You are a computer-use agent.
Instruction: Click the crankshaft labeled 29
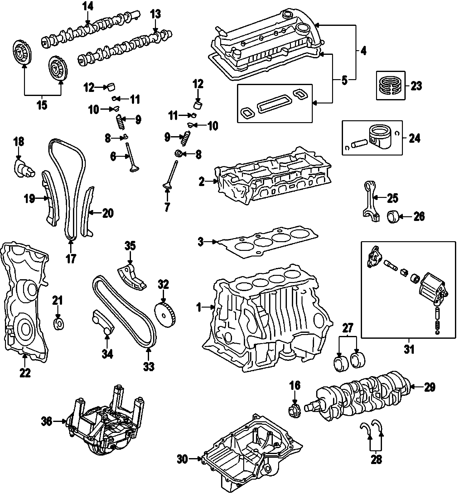click(362, 396)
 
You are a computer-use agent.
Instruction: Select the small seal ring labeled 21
click(59, 324)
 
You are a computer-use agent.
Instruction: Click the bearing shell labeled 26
click(394, 217)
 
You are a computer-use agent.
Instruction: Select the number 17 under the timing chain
click(71, 259)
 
